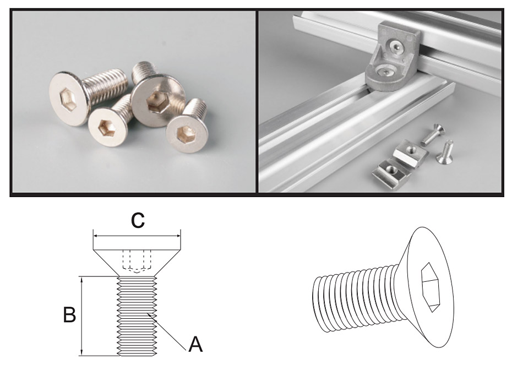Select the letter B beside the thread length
(x=69, y=315)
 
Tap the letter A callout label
(x=195, y=345)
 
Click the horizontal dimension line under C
(x=137, y=235)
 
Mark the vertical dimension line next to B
(x=82, y=315)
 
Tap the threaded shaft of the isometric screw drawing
(x=352, y=300)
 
